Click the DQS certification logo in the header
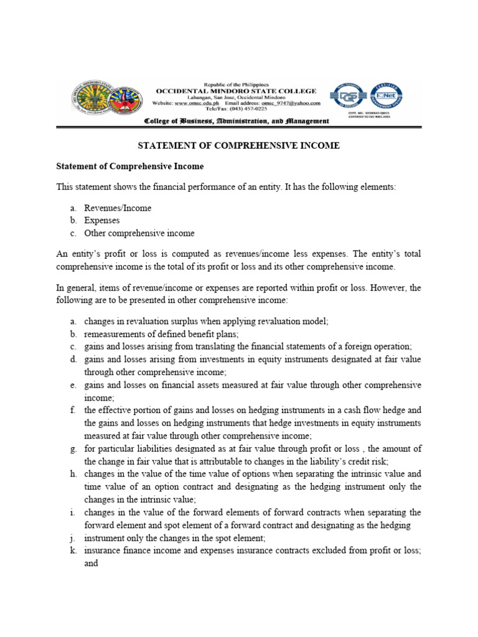point(348,96)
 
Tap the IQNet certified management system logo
point(386,96)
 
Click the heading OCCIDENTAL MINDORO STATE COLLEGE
point(236,90)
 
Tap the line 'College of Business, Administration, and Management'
point(236,121)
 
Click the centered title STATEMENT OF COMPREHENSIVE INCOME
point(238,146)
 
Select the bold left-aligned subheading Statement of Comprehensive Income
point(130,167)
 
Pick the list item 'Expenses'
point(102,220)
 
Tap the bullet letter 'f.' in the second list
point(73,410)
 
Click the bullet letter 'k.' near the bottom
point(73,551)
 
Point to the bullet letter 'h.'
point(73,473)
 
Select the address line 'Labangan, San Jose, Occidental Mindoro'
point(236,97)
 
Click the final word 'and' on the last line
point(91,564)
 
